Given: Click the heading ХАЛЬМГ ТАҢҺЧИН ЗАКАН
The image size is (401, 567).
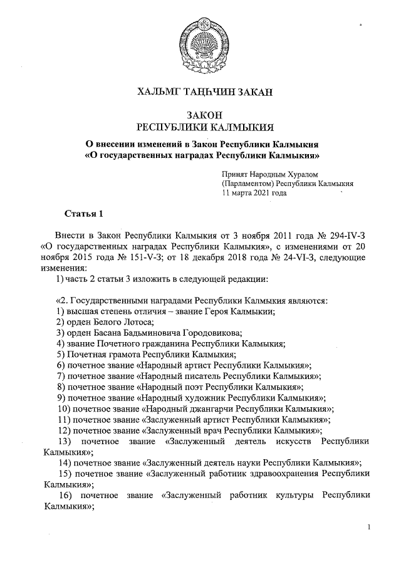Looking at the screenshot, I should coord(205,93).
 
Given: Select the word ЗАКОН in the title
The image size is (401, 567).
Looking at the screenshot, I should coord(205,115).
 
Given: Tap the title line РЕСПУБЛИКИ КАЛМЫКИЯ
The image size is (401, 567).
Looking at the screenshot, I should coord(205,127).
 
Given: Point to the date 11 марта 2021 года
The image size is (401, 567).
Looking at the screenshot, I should coord(254,194).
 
